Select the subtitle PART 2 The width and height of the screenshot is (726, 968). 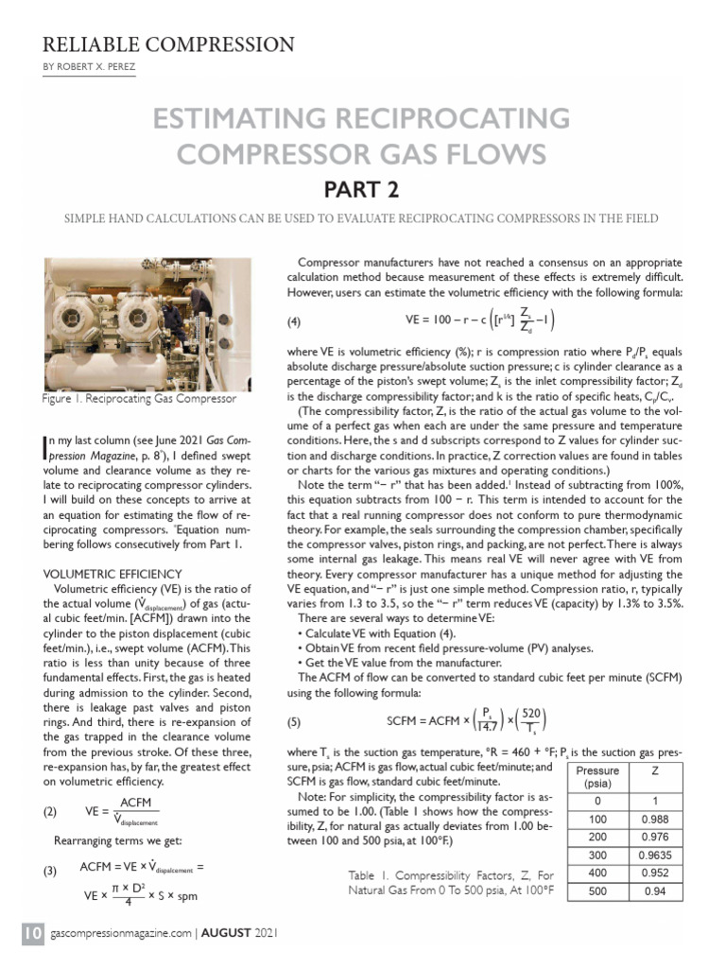tap(362, 189)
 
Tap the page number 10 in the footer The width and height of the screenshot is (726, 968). tap(33, 934)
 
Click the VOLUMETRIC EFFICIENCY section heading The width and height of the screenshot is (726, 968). tap(112, 573)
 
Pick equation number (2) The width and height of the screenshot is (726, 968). tap(55, 811)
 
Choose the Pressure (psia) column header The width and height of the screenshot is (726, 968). tap(596, 777)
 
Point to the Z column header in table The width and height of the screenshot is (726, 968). tap(653, 770)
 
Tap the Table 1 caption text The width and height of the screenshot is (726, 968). tap(454, 882)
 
